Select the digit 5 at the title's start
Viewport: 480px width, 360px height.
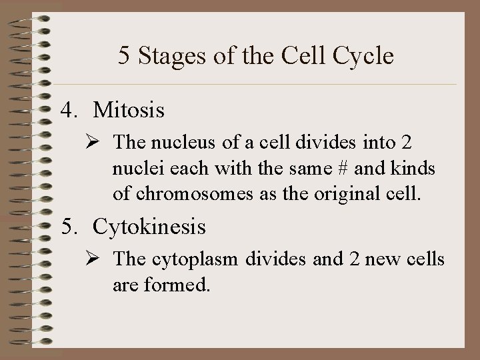pyautogui.click(x=125, y=56)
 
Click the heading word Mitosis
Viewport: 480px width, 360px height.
pyautogui.click(x=129, y=110)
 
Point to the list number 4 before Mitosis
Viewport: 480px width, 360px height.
pyautogui.click(x=66, y=110)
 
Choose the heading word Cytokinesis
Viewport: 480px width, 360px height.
pyautogui.click(x=149, y=227)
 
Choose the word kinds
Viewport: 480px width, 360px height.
pyautogui.click(x=417, y=169)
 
